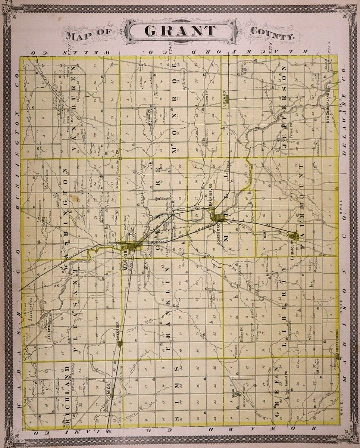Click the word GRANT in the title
point(180,31)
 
